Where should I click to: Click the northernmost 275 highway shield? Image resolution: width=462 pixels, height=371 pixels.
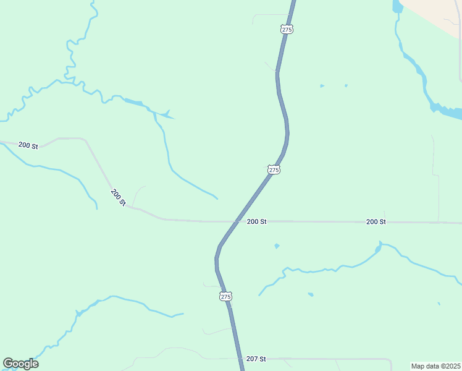287,29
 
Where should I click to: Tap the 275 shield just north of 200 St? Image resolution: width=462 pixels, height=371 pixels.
274,169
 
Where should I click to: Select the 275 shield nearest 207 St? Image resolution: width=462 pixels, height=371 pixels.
225,297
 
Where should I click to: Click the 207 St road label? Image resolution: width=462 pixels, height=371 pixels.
256,359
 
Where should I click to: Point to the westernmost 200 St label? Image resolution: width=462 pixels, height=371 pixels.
28,145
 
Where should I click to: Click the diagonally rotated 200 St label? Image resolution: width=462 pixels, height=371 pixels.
119,197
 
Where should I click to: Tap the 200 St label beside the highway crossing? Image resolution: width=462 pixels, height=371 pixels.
256,221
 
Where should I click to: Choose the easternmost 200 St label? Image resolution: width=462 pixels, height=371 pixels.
376,221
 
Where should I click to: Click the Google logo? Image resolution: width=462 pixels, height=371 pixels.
20,364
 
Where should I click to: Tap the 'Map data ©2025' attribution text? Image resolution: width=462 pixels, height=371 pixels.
435,366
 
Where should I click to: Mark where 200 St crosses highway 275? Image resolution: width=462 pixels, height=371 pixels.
235,221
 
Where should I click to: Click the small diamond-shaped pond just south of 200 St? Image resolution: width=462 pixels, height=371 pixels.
277,246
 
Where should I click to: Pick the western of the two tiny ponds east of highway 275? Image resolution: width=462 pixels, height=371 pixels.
322,86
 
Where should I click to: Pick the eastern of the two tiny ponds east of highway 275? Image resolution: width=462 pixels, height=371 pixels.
346,85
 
